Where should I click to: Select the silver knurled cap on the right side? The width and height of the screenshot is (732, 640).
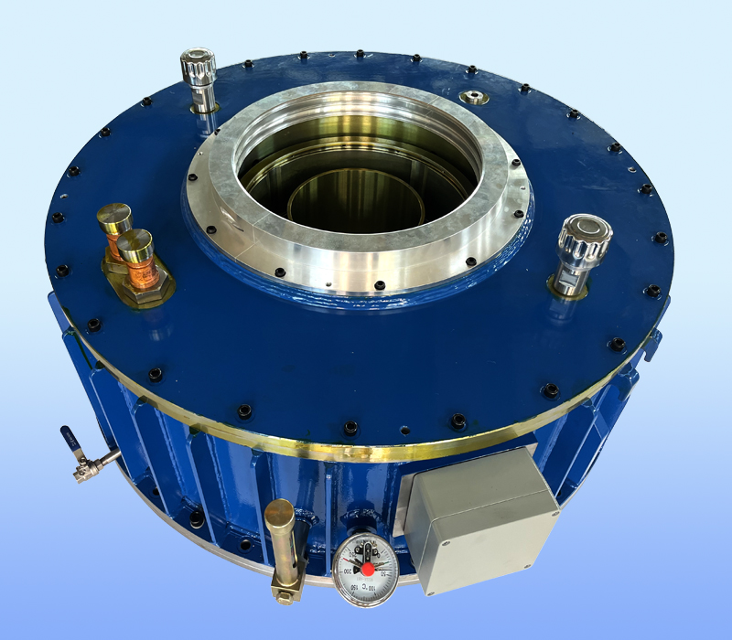[x=586, y=236]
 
